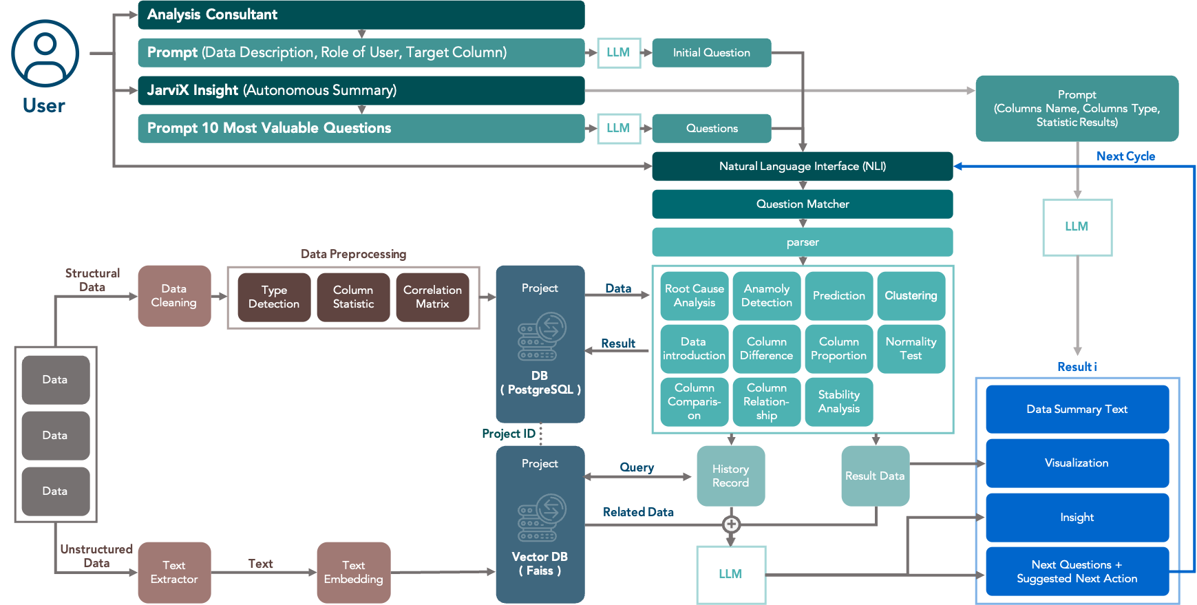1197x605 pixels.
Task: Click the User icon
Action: [x=45, y=54]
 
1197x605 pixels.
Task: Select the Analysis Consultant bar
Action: [x=361, y=14]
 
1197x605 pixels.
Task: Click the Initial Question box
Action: [x=711, y=52]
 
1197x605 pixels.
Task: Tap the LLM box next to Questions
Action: [x=618, y=128]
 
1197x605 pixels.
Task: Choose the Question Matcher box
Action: [x=802, y=204]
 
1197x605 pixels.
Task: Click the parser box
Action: [x=802, y=242]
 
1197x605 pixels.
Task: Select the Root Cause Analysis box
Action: [x=694, y=296]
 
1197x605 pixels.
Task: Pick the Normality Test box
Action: [x=910, y=348]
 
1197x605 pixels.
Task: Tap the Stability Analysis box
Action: [x=838, y=401]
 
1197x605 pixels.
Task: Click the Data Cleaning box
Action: [x=174, y=296]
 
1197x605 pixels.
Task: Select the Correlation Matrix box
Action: [x=432, y=297]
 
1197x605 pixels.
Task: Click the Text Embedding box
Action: [x=353, y=572]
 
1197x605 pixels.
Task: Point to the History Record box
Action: [x=730, y=476]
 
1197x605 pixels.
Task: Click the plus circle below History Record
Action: [x=731, y=524]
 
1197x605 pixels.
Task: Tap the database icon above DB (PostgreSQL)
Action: [x=542, y=337]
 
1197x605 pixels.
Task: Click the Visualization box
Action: [x=1077, y=463]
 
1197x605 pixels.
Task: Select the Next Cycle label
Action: [x=1125, y=156]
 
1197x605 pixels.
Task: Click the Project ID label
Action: [x=508, y=434]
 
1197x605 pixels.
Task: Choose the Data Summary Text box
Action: [x=1077, y=409]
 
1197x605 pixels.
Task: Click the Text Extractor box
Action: [x=174, y=572]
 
